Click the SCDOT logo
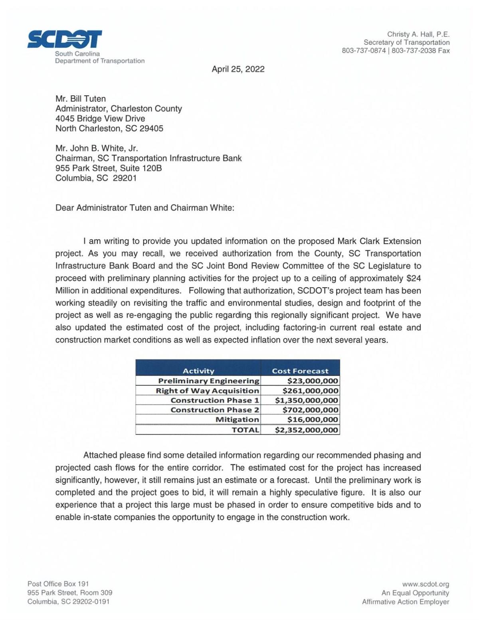tap(65, 39)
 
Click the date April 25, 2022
tap(238, 69)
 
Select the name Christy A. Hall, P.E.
tap(418, 34)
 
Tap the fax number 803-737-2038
tap(414, 51)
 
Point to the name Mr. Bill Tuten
tap(81, 99)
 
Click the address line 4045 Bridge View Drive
tap(100, 118)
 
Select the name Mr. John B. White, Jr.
tap(97, 148)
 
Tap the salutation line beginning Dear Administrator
tap(144, 208)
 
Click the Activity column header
tap(198, 371)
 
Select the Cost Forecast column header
tap(300, 371)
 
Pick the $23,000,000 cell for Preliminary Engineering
tap(313, 381)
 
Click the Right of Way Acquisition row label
tap(207, 391)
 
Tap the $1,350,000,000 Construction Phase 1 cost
tap(307, 400)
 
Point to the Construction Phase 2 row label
tap(215, 410)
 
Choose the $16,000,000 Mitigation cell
tap(313, 419)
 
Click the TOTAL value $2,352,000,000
tap(307, 430)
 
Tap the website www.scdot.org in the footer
tap(426, 584)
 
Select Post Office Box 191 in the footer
tap(58, 584)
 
